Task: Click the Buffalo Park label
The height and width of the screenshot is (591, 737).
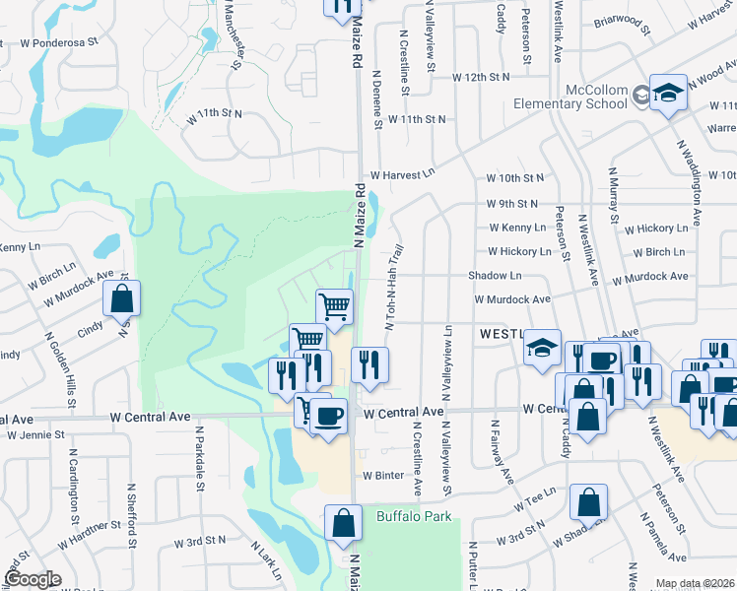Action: coord(412,515)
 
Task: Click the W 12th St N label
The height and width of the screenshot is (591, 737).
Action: coord(481,77)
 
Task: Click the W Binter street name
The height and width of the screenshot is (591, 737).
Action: coord(383,475)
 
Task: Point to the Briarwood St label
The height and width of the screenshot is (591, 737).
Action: coord(623,25)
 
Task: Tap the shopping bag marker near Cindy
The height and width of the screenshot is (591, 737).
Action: coord(121,300)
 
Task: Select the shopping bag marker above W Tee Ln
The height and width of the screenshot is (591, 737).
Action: coord(588,502)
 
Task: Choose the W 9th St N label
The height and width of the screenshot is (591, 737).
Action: coord(510,204)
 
